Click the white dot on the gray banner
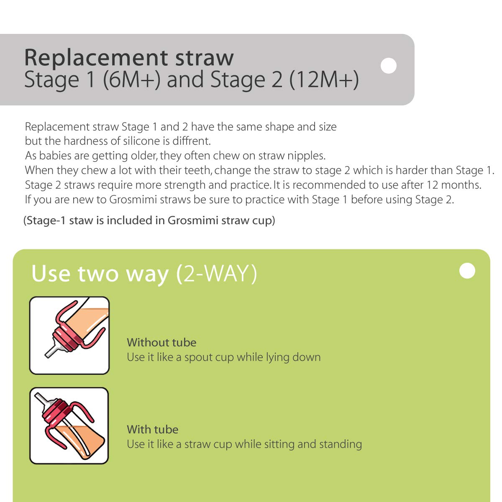pos(389,66)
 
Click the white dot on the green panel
pos(467,271)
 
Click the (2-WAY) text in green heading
pos(216,274)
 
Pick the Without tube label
pos(161,343)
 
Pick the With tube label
pos(152,430)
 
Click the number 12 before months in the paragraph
pos(432,185)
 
